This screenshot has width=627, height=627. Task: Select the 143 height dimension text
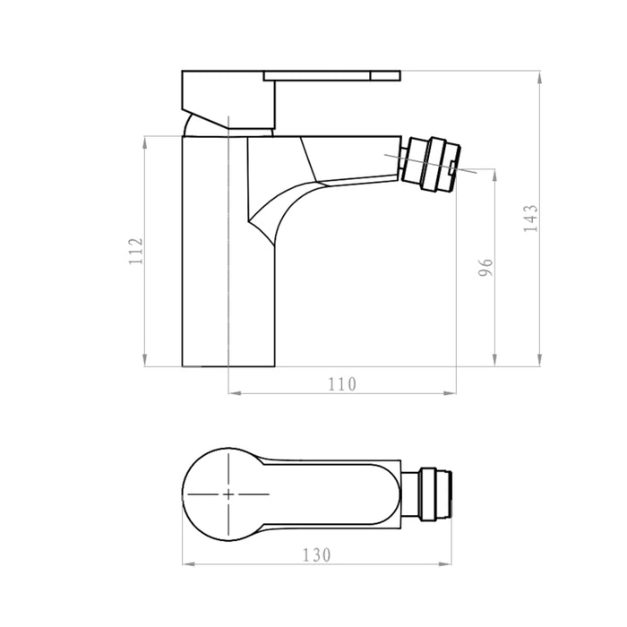pos(531,219)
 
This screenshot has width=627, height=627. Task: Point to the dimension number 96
pos(486,268)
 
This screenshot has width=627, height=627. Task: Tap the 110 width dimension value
pos(341,384)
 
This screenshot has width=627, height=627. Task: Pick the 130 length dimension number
pos(317,554)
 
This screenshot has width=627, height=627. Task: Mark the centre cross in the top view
pos(229,494)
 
